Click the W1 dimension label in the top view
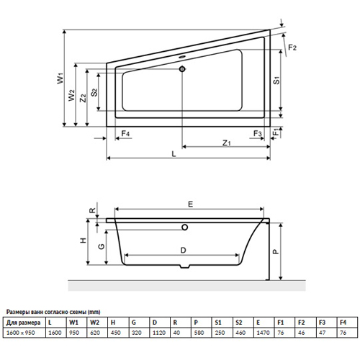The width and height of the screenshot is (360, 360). [60, 78]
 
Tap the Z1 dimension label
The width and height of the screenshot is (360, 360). [226, 143]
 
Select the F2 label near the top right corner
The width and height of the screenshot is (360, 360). [292, 48]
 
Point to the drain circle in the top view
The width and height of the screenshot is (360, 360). [182, 69]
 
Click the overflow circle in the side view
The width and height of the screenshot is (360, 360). [184, 227]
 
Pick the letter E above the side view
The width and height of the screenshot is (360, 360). [190, 204]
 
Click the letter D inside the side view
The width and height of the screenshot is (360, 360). [183, 251]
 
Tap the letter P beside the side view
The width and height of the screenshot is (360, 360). [276, 251]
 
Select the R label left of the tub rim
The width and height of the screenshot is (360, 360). [92, 211]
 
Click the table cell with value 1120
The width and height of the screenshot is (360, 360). [159, 333]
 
